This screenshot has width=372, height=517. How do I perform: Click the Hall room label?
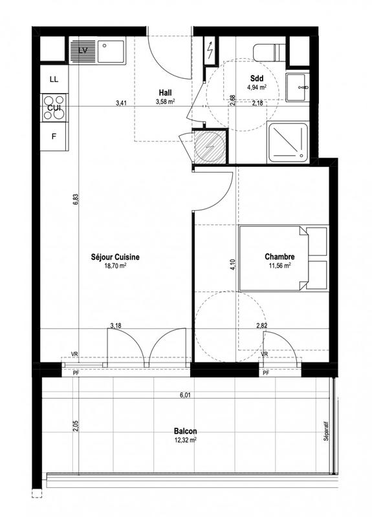point(166,92)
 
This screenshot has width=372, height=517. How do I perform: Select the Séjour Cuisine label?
point(115,257)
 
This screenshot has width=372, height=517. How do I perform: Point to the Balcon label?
point(185,431)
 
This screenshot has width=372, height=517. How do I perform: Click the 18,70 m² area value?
point(115,265)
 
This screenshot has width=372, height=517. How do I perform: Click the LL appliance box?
point(54,79)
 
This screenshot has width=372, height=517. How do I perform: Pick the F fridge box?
point(54,136)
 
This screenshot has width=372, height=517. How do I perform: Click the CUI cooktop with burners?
point(54,108)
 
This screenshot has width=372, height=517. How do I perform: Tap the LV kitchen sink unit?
point(97,50)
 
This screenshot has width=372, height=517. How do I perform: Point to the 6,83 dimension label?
point(76,200)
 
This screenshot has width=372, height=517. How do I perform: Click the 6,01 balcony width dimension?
point(185,396)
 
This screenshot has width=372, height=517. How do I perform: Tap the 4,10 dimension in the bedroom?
point(233,264)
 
